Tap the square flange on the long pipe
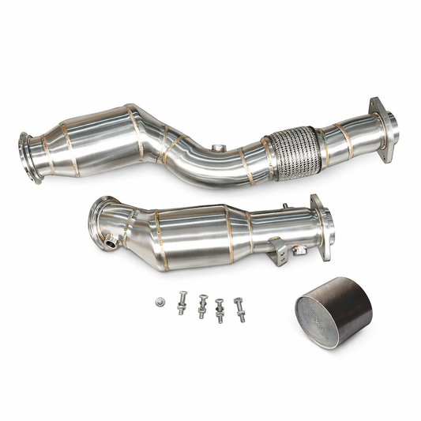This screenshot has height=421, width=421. point(383,129)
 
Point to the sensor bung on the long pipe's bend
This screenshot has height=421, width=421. point(218,148)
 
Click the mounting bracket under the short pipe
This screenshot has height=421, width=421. point(279,253)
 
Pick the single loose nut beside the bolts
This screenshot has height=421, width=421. point(160,302)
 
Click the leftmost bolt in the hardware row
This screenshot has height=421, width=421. point(182,303)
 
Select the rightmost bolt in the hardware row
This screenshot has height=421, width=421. point(239,310)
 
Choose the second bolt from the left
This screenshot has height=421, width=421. point(202,306)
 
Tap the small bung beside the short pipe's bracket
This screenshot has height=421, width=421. point(301,250)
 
